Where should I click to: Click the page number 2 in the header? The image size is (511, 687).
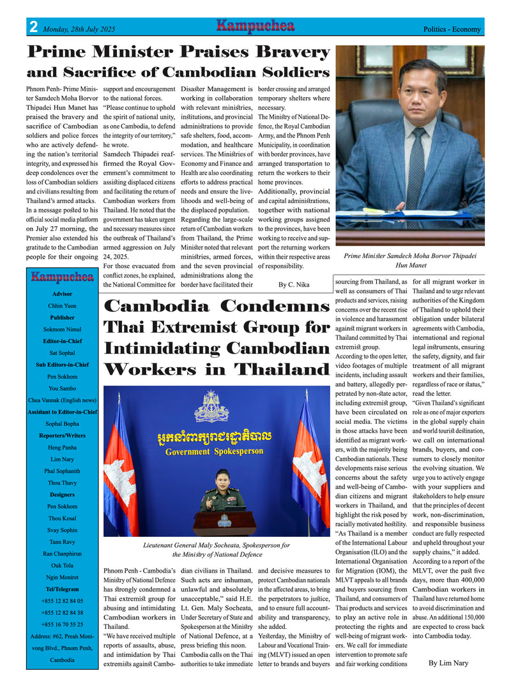(x=33, y=27)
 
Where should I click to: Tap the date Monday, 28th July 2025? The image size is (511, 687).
(x=79, y=29)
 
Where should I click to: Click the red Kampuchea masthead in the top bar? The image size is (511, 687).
(x=255, y=26)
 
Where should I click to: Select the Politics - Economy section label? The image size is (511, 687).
(x=452, y=29)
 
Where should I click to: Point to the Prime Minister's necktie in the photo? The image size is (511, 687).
(x=415, y=166)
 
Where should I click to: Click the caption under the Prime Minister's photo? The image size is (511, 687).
(x=409, y=260)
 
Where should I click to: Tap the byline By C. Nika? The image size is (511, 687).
(x=294, y=285)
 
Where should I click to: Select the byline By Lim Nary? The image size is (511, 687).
(x=448, y=663)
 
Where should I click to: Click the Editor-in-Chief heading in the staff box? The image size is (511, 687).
(x=62, y=341)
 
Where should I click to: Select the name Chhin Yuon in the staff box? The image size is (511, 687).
(x=62, y=306)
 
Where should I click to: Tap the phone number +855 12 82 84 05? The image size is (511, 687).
(x=62, y=601)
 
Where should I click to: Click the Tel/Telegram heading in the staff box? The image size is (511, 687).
(x=62, y=589)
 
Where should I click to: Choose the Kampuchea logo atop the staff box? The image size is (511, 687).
(x=62, y=277)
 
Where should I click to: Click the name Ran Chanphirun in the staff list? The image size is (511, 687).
(x=62, y=553)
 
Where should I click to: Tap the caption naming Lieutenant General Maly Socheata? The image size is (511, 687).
(x=217, y=550)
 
